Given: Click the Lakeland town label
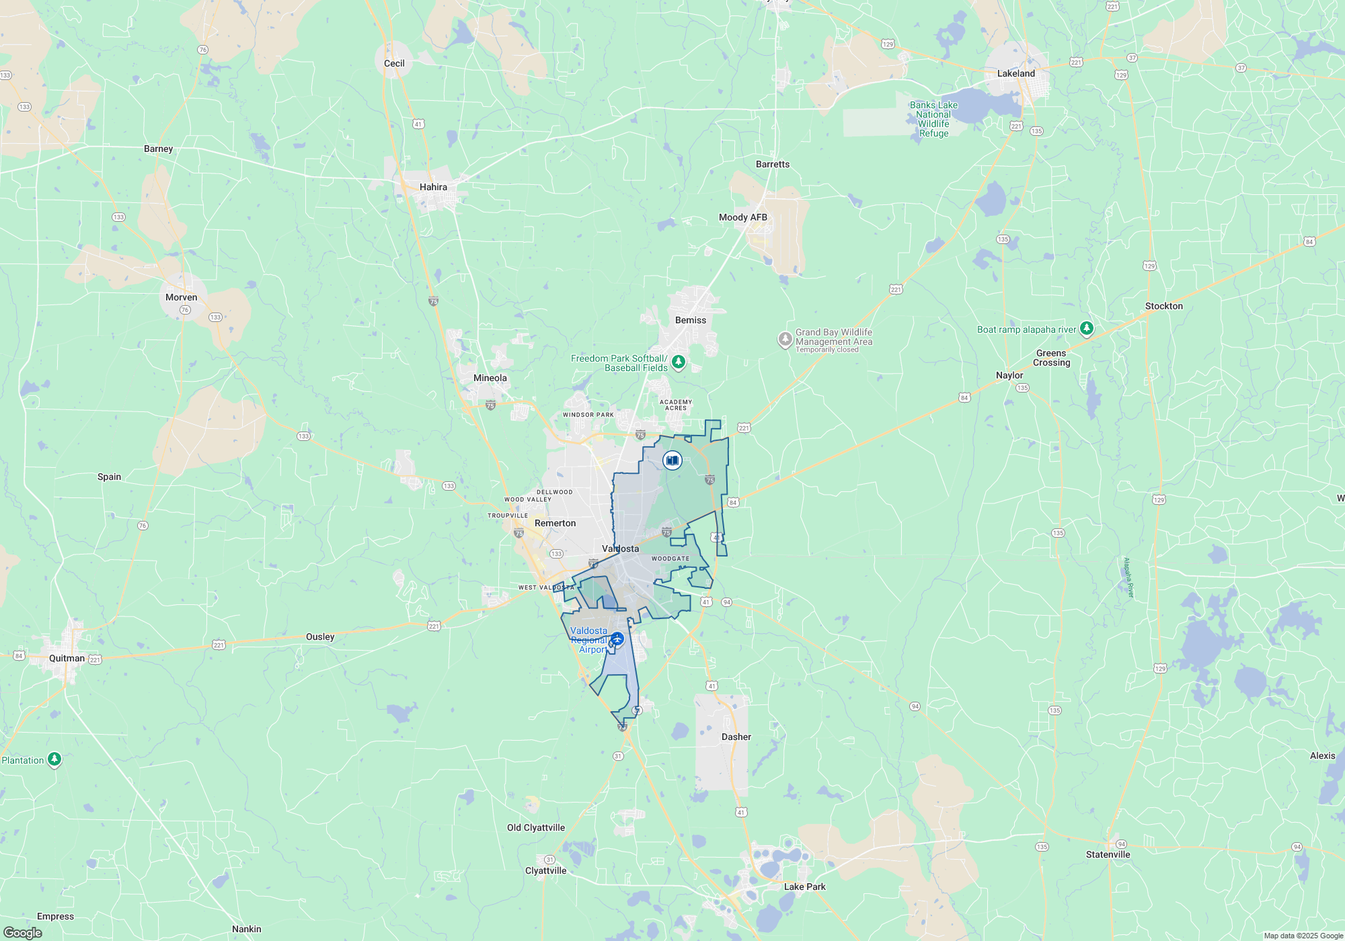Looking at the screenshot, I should [x=1015, y=73].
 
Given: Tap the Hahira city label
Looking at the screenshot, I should [x=433, y=187].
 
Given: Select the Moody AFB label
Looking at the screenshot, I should [x=742, y=217].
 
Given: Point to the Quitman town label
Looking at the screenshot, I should [x=67, y=658].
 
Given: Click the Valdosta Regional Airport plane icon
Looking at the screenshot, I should [x=617, y=639].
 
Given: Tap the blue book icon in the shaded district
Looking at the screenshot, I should [x=672, y=460].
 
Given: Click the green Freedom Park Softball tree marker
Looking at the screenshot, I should [x=679, y=362].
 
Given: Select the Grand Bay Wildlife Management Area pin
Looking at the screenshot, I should [x=785, y=339].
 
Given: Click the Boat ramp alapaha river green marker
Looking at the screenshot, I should [x=1087, y=329].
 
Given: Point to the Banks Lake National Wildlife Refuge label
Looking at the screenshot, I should [x=933, y=119].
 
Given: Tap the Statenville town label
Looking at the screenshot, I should [x=1108, y=854].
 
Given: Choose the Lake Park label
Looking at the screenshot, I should [x=804, y=887].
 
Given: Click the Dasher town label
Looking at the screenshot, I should [x=736, y=737].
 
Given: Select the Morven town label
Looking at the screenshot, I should [x=181, y=297].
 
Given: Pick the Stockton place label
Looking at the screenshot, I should [x=1163, y=306].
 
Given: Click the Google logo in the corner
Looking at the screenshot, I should [x=23, y=932].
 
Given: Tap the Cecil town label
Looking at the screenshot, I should [x=394, y=63].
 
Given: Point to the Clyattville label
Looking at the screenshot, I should [x=545, y=870].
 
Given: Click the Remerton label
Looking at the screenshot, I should [x=555, y=523].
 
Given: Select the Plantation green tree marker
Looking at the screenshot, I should [x=54, y=760].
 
